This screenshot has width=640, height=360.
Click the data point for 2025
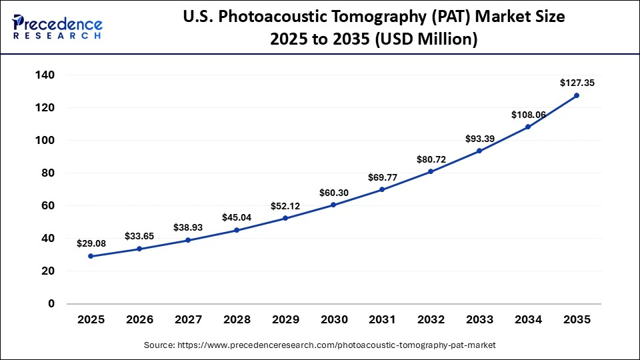coord(91,256)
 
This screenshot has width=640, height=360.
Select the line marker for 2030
coord(333,205)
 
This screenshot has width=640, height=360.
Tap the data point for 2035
coord(577,95)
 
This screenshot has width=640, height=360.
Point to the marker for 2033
coord(479,151)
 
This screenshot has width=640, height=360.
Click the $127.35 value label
coord(577,83)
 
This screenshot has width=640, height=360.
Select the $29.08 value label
coord(91,243)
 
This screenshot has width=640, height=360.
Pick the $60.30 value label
coord(333,193)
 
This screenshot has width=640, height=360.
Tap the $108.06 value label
coord(529,115)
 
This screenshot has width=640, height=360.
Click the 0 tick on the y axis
coord(51,303)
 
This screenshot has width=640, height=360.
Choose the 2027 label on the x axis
coord(188,320)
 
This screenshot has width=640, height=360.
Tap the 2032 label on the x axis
coord(431,320)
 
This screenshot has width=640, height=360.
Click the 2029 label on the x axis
coord(285,320)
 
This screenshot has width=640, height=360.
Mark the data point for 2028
coord(237,230)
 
